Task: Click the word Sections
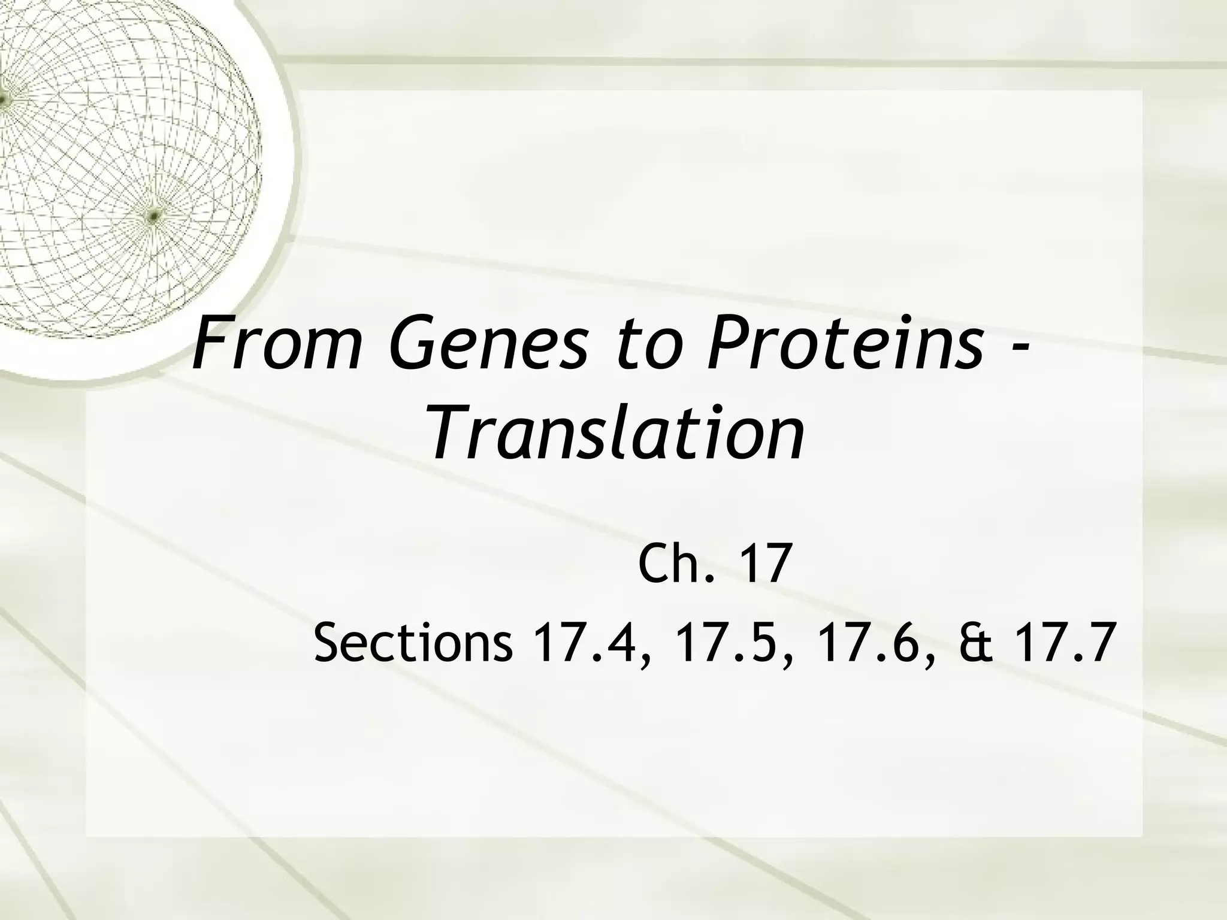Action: pos(413,643)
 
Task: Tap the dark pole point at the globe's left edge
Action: pos(2,99)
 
